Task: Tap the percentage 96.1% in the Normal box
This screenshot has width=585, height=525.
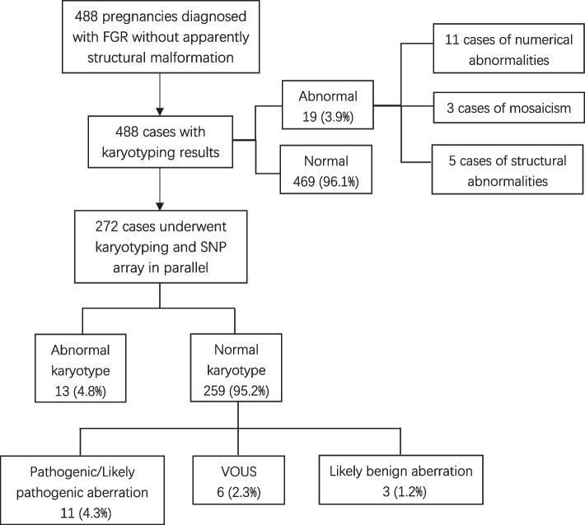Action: pos(344,179)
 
